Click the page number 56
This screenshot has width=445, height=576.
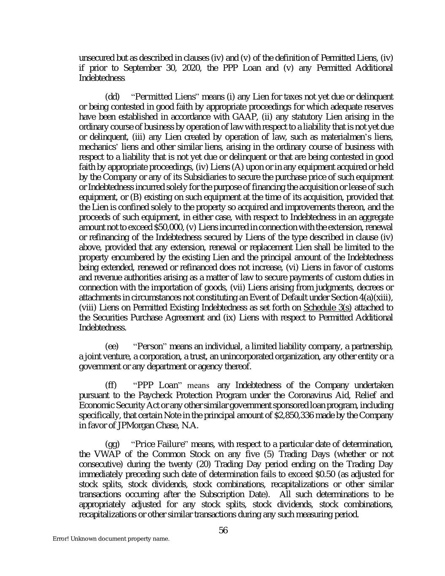coord(223,530)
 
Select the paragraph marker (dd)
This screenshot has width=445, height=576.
coord(112,96)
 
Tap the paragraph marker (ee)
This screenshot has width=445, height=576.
coord(112,346)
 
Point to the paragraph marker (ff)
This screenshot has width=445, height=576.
coord(111,385)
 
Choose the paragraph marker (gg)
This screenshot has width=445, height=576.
coord(112,444)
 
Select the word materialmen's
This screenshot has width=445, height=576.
coord(345,136)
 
